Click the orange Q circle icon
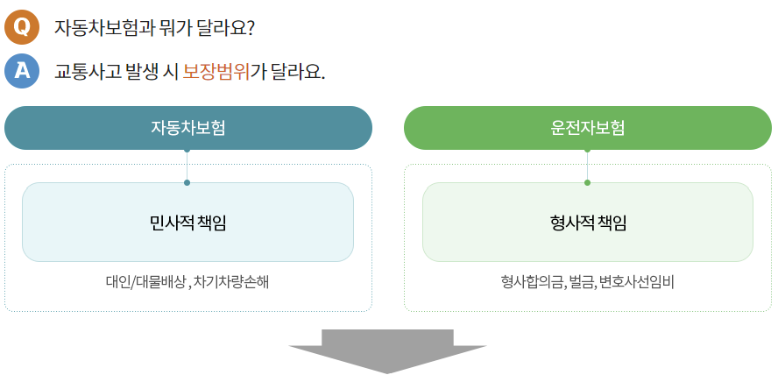22,26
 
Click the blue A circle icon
22,71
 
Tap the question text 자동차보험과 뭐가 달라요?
154,27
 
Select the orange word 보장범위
216,72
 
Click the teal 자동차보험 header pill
188,128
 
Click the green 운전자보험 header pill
587,128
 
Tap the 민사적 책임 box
187,223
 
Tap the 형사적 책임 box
587,223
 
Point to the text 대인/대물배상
145,282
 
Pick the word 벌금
582,282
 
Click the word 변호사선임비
637,282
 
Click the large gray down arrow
387,350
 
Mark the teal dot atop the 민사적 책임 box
187,182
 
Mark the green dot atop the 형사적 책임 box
587,182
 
